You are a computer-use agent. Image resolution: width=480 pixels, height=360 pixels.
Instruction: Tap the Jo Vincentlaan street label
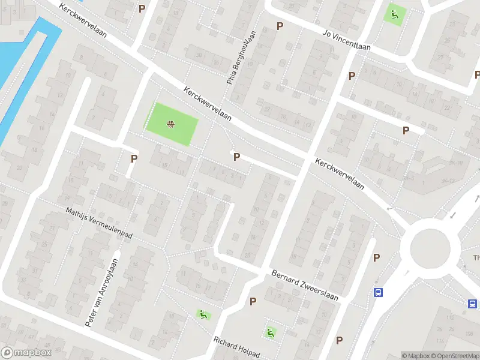(347, 40)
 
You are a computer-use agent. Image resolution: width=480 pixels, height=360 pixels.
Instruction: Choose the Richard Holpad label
(237, 347)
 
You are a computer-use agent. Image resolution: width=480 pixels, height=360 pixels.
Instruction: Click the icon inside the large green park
(171, 125)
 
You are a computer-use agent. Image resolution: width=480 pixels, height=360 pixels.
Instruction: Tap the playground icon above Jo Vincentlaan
(394, 14)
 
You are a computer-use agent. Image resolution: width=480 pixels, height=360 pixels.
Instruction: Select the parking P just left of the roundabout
(377, 258)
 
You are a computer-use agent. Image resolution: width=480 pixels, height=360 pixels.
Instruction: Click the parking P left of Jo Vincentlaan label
(280, 26)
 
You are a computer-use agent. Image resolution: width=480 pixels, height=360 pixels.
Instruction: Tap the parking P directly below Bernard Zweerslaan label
(253, 301)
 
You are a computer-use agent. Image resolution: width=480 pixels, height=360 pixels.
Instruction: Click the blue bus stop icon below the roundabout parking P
(379, 293)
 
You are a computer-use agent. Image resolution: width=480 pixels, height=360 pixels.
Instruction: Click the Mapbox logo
(25, 353)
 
